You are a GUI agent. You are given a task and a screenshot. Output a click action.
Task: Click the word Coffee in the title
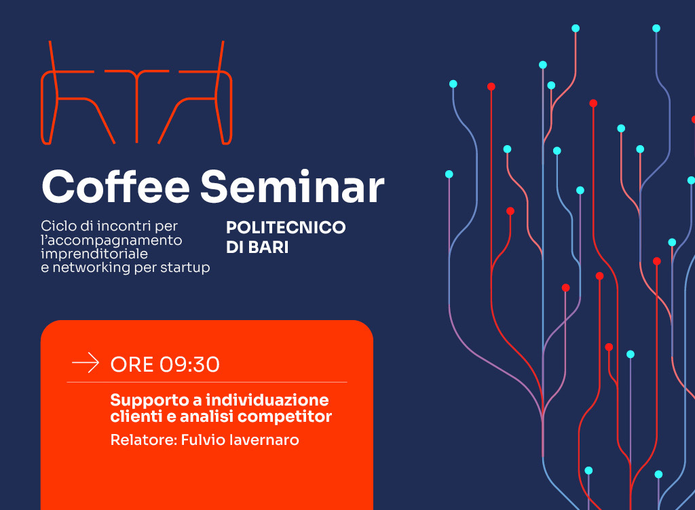[115, 186]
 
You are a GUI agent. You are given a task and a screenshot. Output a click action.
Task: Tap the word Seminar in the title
[292, 187]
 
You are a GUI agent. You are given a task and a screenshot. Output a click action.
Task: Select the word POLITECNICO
[286, 228]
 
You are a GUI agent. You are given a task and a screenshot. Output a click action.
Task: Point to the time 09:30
[190, 365]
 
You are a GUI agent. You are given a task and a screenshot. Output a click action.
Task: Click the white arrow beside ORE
[86, 363]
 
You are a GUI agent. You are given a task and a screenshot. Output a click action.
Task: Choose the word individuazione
[267, 400]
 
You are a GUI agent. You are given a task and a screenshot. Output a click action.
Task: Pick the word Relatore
[144, 440]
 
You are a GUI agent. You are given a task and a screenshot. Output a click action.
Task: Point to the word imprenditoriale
[94, 254]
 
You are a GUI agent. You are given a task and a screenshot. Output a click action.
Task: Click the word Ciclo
[58, 226]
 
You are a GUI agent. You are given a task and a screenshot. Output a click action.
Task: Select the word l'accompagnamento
[111, 241]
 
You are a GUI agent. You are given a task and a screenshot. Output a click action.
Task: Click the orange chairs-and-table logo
[136, 93]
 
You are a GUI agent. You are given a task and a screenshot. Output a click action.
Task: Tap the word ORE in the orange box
[132, 365]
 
